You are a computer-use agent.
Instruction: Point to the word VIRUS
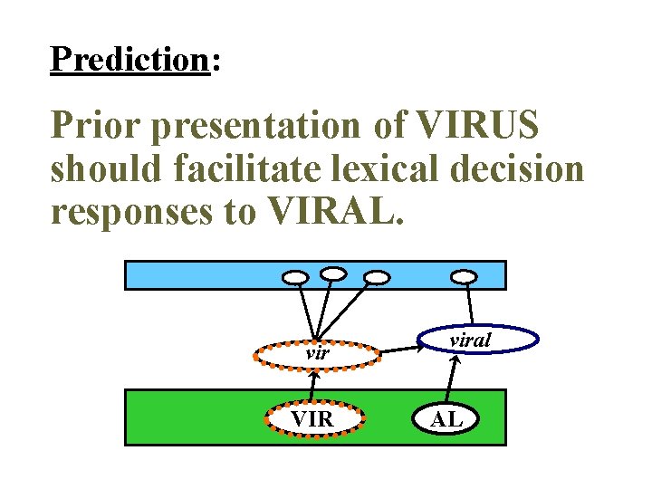click(x=478, y=128)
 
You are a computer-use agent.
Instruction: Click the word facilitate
click(x=248, y=169)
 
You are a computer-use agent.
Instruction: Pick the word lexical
click(x=384, y=169)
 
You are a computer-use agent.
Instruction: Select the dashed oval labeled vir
click(x=316, y=354)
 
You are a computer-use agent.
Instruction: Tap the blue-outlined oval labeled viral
click(x=477, y=340)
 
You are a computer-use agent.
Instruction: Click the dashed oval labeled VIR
click(x=313, y=420)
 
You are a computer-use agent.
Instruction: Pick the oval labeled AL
click(x=446, y=420)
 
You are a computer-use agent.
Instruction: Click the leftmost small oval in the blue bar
click(x=296, y=276)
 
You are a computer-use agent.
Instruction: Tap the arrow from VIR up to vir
click(x=314, y=387)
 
